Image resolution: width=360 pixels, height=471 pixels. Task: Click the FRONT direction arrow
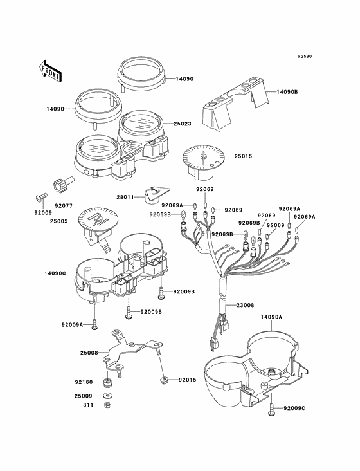(50, 71)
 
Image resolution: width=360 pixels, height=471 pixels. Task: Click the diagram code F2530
(305, 56)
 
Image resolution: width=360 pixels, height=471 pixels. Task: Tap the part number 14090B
(287, 92)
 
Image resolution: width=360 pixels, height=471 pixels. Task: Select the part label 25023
(183, 124)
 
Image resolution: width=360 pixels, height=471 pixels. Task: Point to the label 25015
(243, 156)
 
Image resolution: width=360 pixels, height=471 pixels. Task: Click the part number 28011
(126, 197)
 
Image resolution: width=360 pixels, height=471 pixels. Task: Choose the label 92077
(64, 207)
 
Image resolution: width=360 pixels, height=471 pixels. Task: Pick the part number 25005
(59, 221)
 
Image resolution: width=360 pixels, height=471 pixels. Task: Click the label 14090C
(55, 273)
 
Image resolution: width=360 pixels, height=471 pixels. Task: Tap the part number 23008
(245, 305)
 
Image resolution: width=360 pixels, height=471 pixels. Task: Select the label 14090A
(271, 317)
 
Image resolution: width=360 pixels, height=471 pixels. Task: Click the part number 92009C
(294, 408)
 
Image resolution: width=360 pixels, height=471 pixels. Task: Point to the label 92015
(188, 380)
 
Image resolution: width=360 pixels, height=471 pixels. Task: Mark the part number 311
(87, 405)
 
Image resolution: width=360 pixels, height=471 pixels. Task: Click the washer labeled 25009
(107, 396)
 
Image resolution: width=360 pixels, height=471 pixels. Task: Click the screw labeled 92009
(40, 196)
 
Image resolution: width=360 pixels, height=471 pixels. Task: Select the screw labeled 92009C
(271, 409)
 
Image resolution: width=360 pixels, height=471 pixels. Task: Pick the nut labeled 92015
(163, 380)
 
